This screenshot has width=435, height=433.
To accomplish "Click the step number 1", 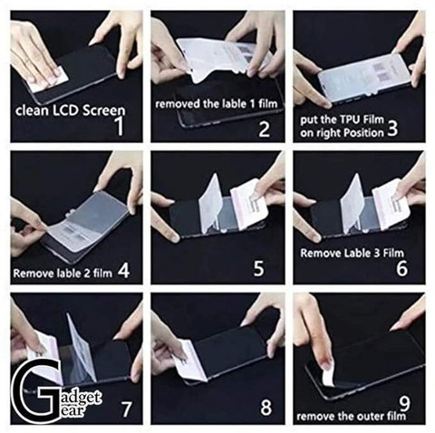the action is (120, 125).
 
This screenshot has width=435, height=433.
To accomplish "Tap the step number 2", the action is (265, 130).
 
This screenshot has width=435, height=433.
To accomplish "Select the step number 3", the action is (391, 127).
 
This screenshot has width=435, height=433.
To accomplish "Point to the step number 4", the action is (124, 270).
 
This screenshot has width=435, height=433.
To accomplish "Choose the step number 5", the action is (259, 268).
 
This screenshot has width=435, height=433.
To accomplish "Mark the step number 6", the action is (401, 268).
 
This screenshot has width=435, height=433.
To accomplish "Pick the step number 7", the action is (126, 409).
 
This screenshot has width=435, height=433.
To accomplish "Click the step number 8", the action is (266, 407).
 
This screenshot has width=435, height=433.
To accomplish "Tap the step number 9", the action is (404, 403).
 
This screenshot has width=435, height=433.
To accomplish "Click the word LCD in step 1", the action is (67, 110).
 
